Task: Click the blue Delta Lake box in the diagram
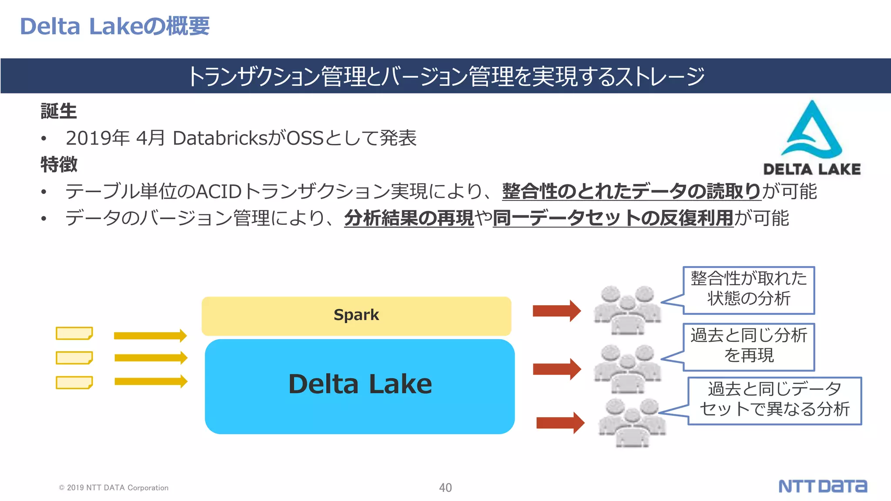tap(360, 386)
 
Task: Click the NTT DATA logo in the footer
tap(822, 486)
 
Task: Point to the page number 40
tap(445, 488)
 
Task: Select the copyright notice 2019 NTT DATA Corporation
tap(114, 488)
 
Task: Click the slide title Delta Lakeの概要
tap(115, 26)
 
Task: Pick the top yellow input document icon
tap(74, 333)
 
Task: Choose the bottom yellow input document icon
tap(74, 383)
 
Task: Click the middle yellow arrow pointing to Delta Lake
tap(151, 357)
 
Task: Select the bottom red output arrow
tap(560, 423)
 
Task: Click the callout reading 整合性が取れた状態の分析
tap(749, 290)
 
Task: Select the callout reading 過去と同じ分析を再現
tap(749, 347)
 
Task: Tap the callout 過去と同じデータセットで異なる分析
tap(774, 401)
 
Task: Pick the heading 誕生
tap(59, 111)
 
